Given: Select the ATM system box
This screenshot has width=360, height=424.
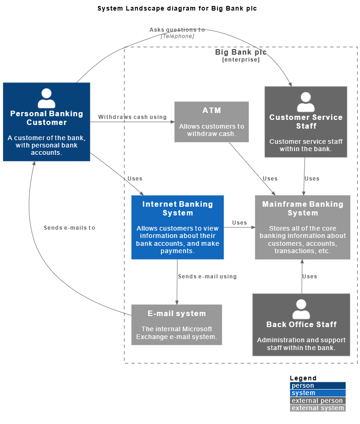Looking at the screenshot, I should pos(211,122).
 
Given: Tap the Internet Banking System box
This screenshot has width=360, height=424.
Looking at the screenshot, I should pos(177,227).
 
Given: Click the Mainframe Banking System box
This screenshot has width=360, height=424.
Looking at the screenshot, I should pos(303,227).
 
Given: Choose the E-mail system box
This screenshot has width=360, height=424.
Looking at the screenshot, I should pos(177,324).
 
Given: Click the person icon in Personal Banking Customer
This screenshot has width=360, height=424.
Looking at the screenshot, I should pos(46,98).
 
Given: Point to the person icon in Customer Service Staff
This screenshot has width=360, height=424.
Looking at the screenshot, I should pos(306,102).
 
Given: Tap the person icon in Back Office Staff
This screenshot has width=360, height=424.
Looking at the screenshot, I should pos(301,309).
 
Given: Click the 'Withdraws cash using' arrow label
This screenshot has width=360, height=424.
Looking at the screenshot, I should pos(132,117).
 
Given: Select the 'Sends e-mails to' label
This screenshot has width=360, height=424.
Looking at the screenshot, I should pos(69,227).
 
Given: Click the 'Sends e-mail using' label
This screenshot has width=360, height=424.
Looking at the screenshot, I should pos(207,277).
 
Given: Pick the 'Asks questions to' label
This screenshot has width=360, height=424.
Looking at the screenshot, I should pos(177,30).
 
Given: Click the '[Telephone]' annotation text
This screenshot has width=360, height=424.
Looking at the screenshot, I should pos(177,36).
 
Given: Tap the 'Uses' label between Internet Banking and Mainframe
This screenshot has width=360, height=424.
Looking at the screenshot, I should pos(240,223).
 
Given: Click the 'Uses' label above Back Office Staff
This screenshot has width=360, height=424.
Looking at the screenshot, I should pos(309,277).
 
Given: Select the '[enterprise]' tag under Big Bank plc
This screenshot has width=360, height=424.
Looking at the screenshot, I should pos(241,60).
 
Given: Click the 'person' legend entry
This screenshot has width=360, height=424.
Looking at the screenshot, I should pos(317,386).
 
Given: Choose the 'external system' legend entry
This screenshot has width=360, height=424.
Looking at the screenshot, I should pos(317,408).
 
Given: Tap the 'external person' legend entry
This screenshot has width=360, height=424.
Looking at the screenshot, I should pos(317,401).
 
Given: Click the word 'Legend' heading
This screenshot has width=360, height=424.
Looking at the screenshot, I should pos(303,378).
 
